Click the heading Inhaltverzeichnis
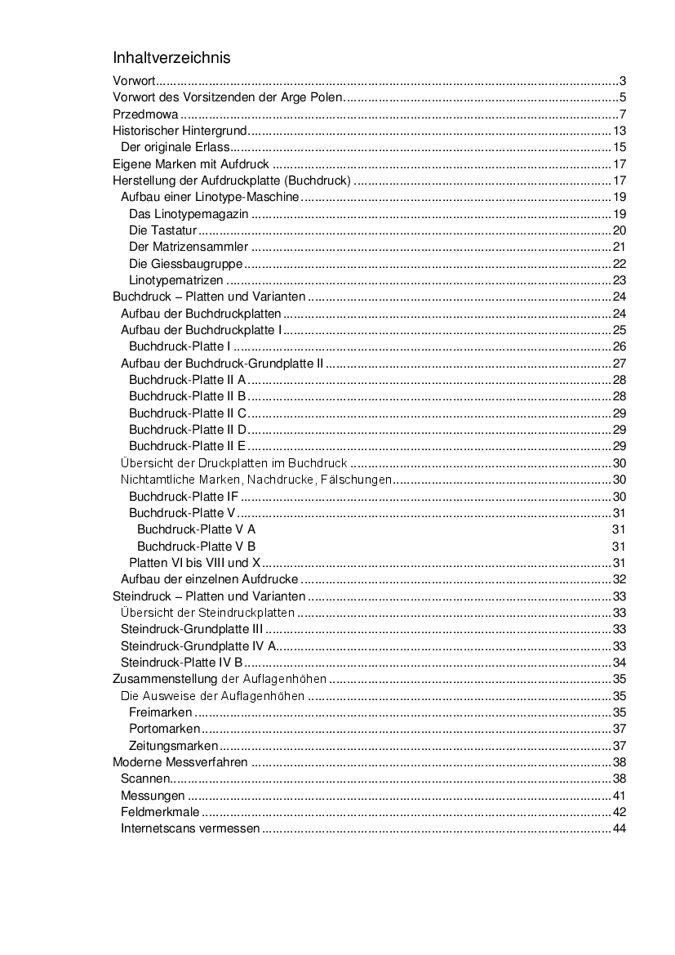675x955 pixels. (x=171, y=58)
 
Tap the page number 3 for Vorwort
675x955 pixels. (x=622, y=81)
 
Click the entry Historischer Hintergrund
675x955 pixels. (x=179, y=131)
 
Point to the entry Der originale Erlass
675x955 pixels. (x=174, y=148)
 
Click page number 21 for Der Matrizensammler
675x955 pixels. (x=619, y=248)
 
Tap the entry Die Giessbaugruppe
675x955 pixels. (x=186, y=264)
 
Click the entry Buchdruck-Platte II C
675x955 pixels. (x=188, y=413)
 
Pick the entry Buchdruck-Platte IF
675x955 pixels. (x=184, y=497)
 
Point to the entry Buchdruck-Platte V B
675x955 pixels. (x=196, y=547)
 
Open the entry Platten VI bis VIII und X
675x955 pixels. (x=194, y=563)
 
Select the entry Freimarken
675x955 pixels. (x=161, y=712)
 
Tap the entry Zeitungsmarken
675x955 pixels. (x=173, y=746)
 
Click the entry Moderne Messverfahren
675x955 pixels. (x=180, y=762)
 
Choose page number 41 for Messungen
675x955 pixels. (x=619, y=796)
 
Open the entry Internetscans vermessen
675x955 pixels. (x=190, y=829)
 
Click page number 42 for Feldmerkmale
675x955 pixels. (x=619, y=812)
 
